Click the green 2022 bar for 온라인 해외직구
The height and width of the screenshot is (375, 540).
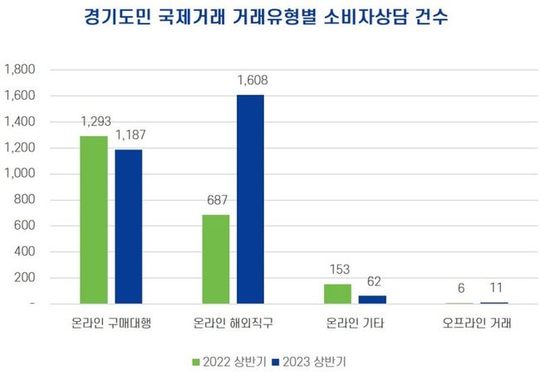click(216, 260)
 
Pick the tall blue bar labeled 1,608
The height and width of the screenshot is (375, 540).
click(250, 199)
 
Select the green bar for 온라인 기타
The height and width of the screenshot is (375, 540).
click(338, 294)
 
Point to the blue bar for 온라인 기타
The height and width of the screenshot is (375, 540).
click(372, 300)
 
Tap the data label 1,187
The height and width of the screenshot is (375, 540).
click(129, 136)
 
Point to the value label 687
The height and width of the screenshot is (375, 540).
click(216, 201)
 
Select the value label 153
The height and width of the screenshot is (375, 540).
click(338, 270)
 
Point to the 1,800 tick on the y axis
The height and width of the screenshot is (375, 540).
click(20, 70)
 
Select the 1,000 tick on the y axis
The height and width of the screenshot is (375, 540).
click(20, 174)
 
